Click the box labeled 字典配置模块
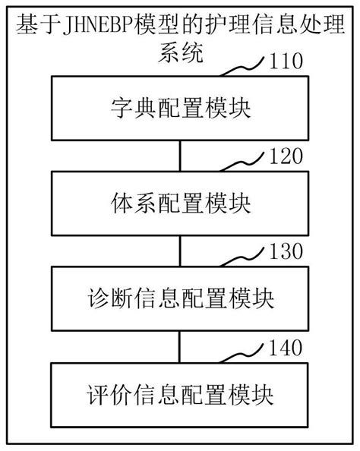point(179,109)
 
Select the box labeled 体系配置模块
point(179,203)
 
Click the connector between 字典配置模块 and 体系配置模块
point(179,156)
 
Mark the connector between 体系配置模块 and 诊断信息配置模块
point(179,251)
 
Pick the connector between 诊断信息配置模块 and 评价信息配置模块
point(179,346)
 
